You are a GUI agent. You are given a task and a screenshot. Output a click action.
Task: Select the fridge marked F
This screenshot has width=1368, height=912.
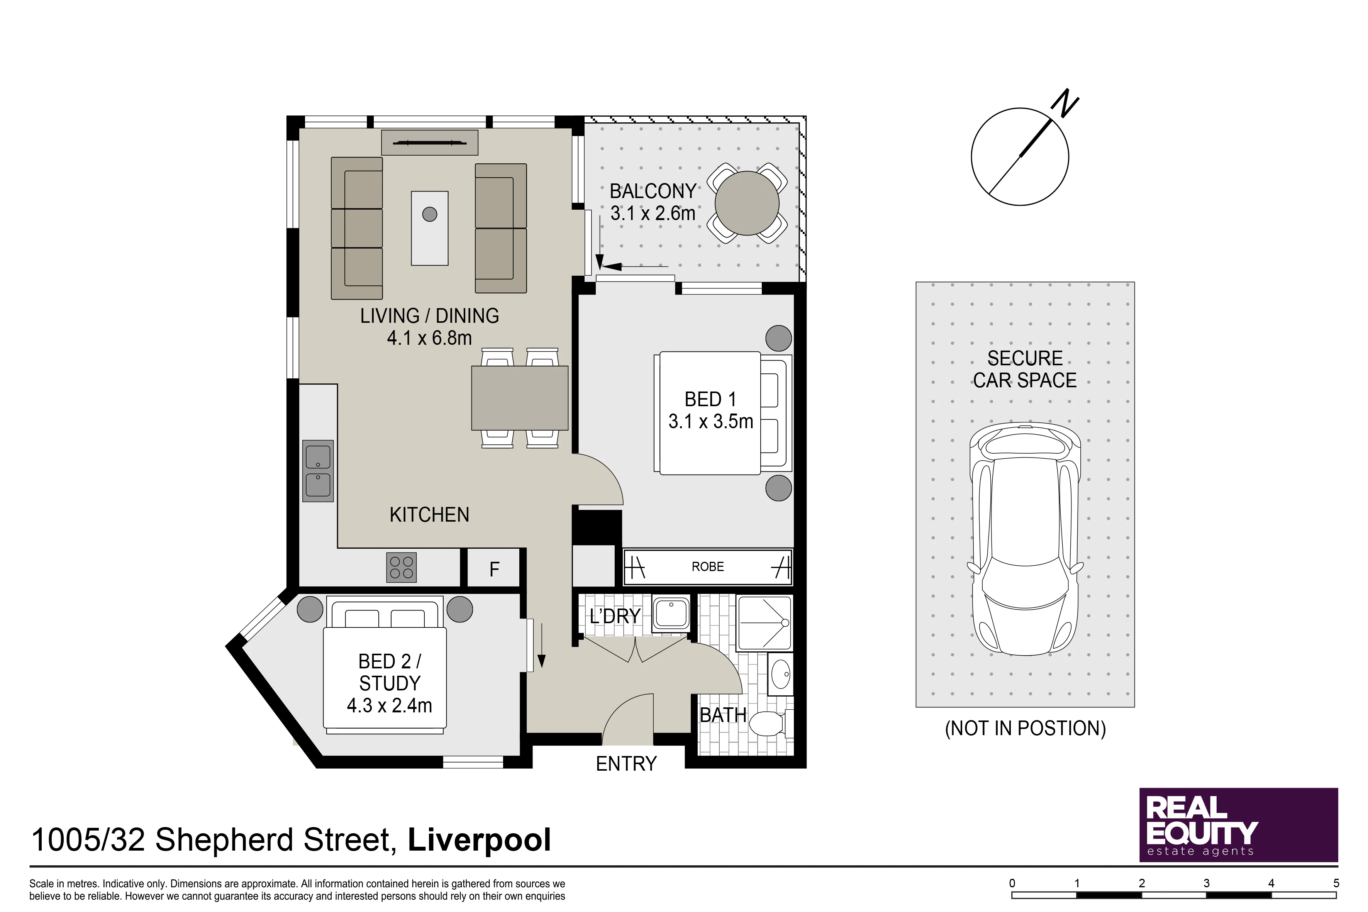click(494, 568)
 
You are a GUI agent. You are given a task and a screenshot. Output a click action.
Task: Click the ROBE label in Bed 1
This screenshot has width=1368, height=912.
click(707, 566)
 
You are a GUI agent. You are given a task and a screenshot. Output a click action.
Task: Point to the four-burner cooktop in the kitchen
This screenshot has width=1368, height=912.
click(401, 568)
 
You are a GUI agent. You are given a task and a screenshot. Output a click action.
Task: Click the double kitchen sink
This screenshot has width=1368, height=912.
click(317, 471)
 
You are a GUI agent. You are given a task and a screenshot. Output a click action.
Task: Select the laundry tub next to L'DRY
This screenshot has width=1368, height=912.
click(671, 614)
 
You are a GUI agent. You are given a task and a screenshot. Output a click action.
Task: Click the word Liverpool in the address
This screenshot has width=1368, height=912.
click(479, 840)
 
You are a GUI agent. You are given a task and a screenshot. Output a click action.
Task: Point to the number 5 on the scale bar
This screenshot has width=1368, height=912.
click(1336, 883)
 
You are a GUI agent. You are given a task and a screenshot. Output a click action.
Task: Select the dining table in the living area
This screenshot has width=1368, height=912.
click(519, 398)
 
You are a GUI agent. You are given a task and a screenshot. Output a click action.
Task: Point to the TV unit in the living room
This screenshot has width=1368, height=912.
click(430, 142)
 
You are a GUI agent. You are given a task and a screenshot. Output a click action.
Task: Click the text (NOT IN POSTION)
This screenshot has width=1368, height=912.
click(1025, 728)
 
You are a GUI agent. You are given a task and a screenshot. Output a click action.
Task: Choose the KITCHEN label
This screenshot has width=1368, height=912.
click(429, 515)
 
